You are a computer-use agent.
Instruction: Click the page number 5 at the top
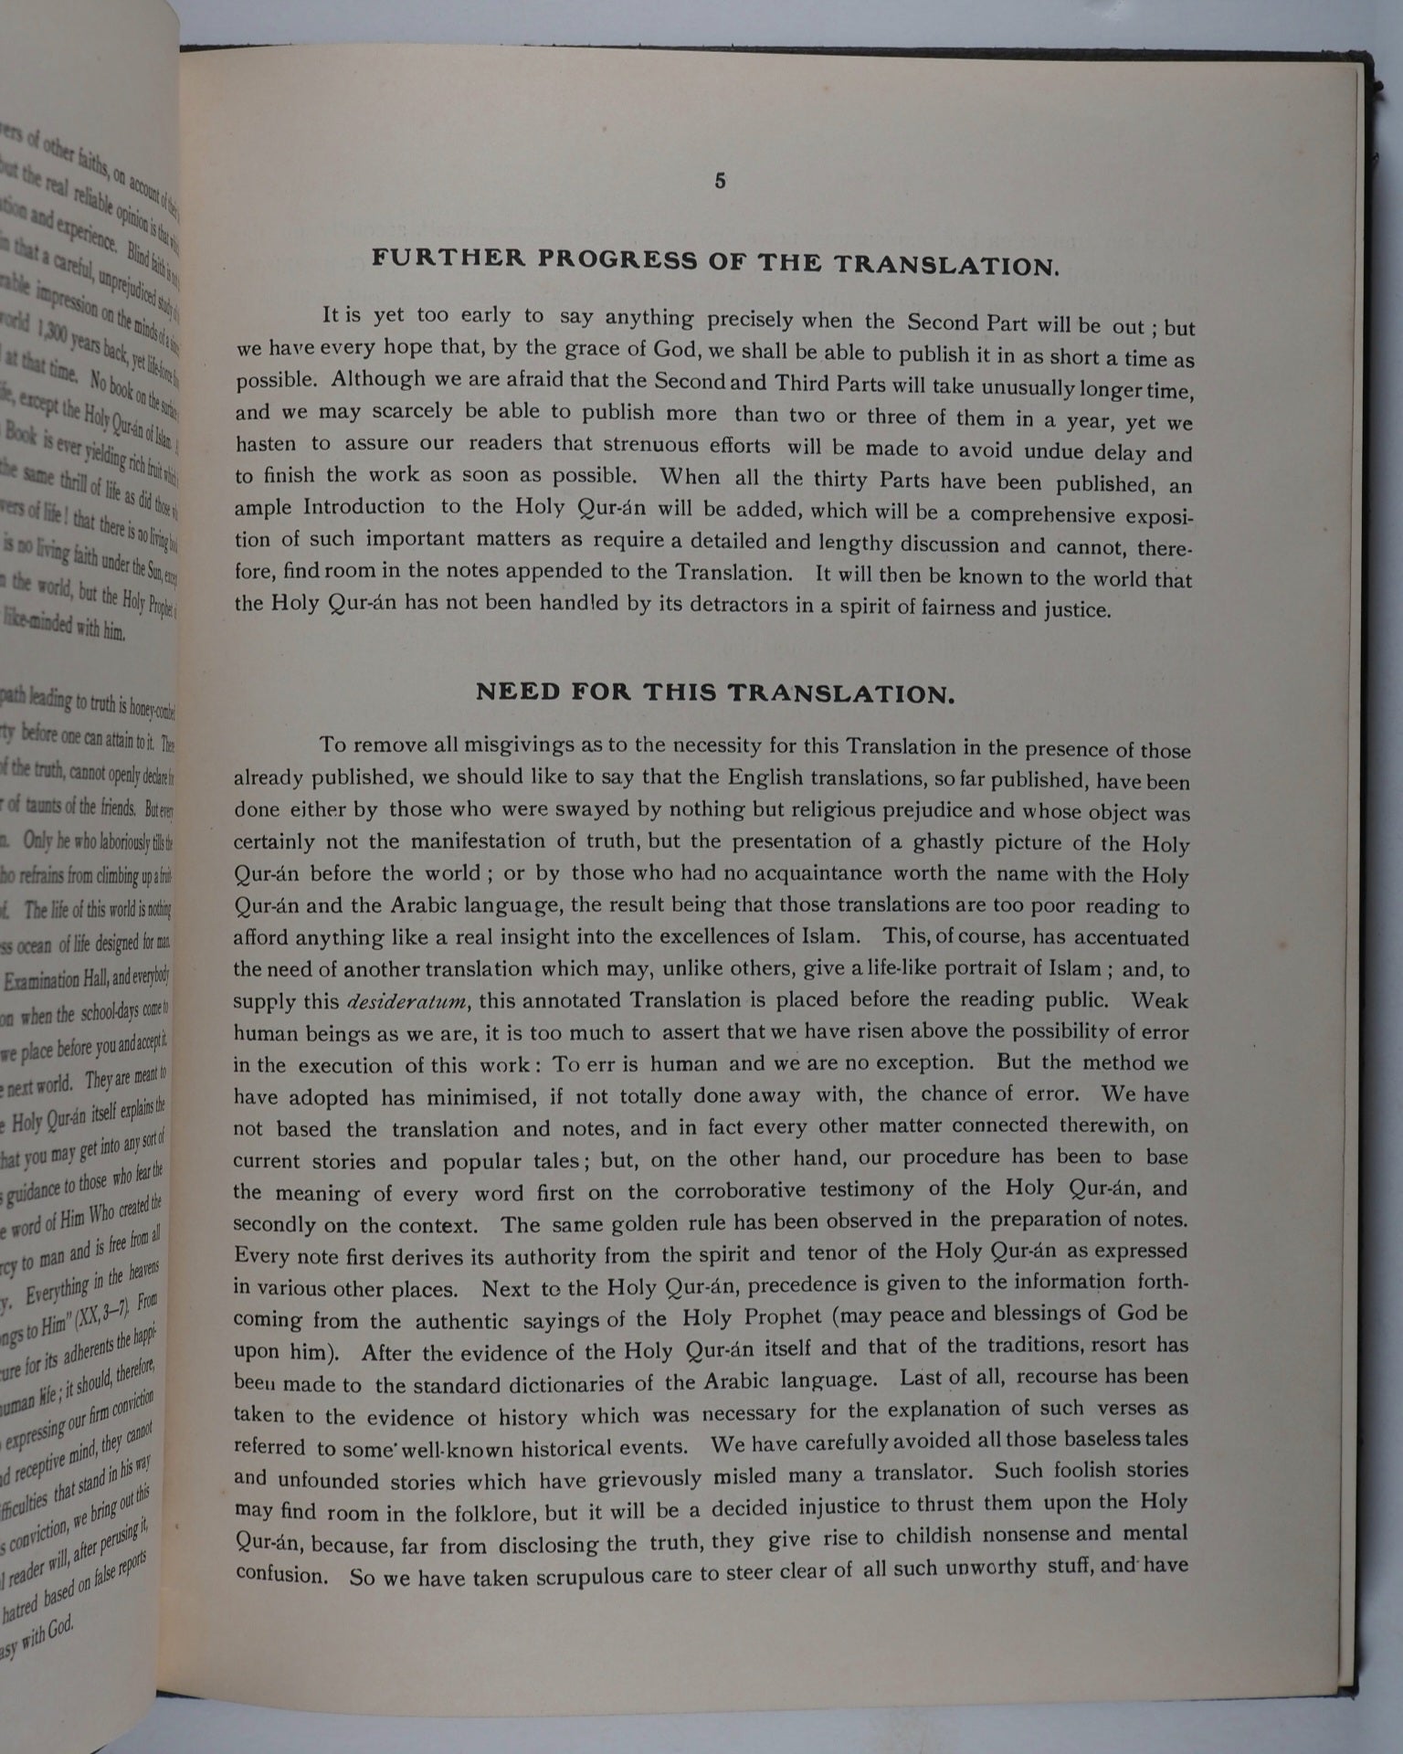click(x=720, y=181)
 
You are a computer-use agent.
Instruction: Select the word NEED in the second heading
click(x=517, y=692)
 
